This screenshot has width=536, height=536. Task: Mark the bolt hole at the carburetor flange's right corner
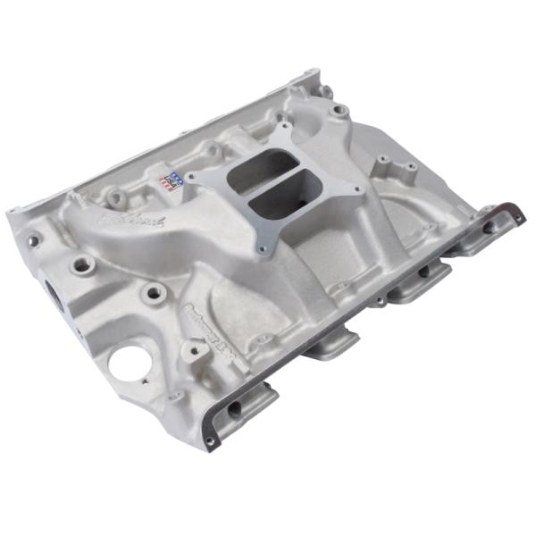pyautogui.click(x=356, y=190)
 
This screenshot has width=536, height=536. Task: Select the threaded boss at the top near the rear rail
pyautogui.click(x=339, y=110)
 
